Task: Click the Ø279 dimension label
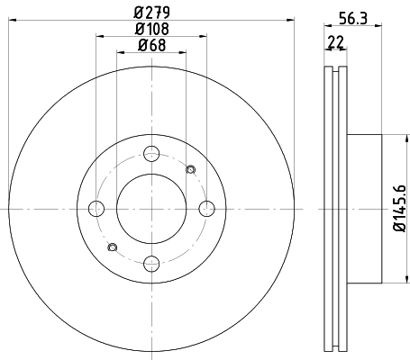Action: pos(151,10)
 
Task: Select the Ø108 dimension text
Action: pos(151,28)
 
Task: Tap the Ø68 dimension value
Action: pos(151,46)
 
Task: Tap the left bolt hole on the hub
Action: pos(96,210)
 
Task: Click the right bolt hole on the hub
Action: pos(206,210)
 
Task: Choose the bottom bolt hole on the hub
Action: pos(151,264)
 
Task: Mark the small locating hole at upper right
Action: pos(190,170)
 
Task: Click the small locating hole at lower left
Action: pos(112,247)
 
